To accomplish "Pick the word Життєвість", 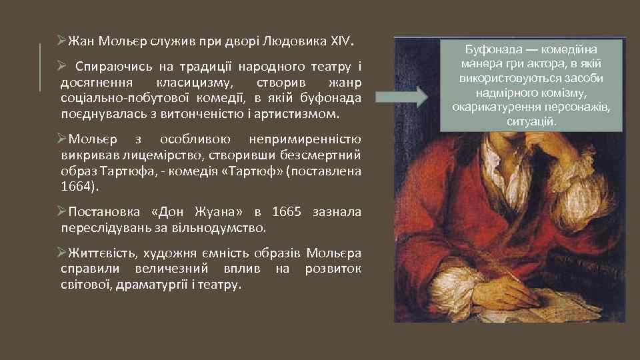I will pyautogui.click(x=100, y=254).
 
